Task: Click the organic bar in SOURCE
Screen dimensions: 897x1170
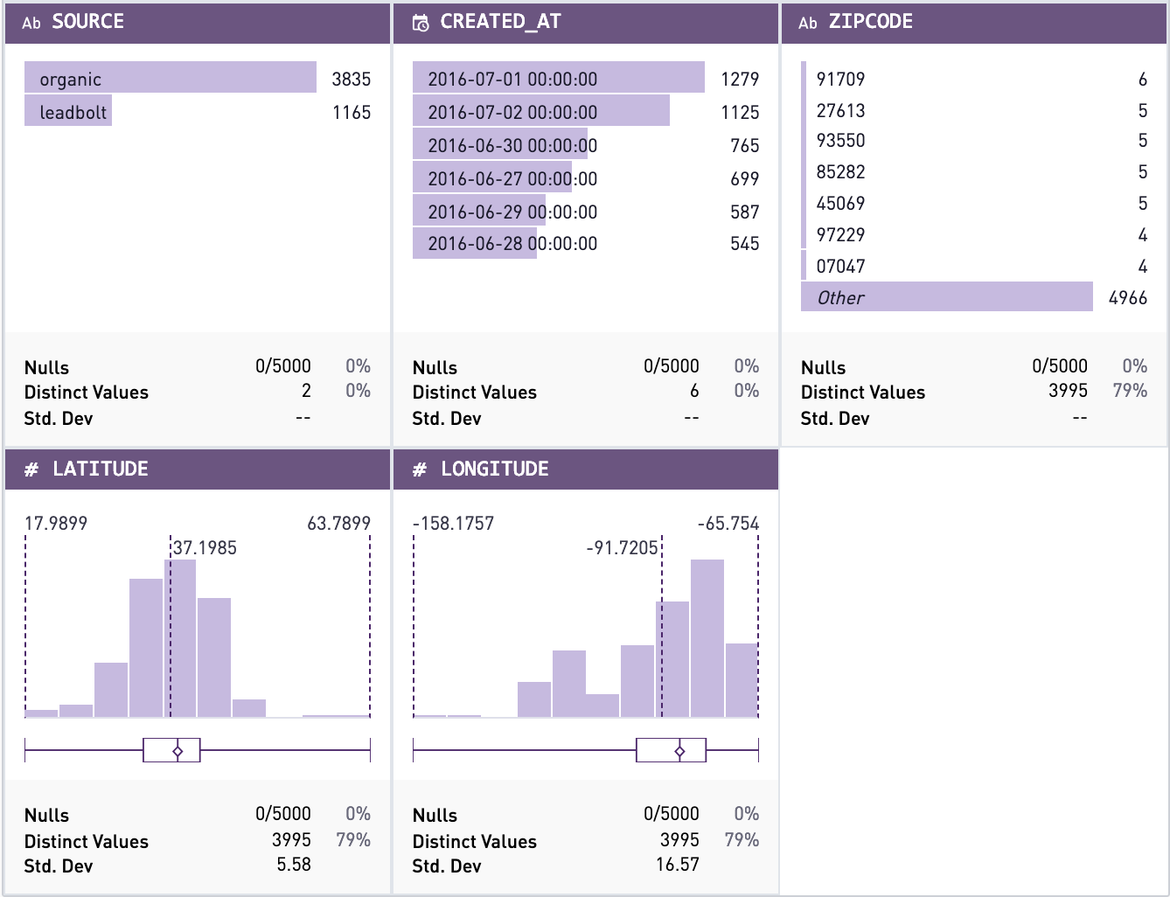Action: point(171,78)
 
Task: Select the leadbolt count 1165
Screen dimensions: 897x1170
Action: point(351,112)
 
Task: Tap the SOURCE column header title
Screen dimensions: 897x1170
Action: point(87,22)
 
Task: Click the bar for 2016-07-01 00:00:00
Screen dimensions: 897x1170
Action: point(558,78)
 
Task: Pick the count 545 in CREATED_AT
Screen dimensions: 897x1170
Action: point(744,243)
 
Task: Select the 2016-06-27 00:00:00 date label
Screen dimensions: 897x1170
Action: point(512,178)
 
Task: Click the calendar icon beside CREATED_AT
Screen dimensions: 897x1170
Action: point(421,23)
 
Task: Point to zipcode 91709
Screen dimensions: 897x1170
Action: point(840,79)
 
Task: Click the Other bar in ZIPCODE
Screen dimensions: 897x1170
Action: point(947,297)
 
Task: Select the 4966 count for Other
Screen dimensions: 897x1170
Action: point(1127,297)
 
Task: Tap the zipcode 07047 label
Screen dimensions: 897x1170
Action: point(840,266)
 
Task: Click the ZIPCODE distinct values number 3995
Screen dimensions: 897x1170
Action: point(1068,391)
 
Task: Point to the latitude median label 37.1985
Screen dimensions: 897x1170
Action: point(205,548)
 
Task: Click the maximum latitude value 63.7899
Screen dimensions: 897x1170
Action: point(338,523)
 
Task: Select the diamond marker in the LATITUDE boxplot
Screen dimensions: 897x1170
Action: point(178,751)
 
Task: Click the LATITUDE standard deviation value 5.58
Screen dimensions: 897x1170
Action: point(294,865)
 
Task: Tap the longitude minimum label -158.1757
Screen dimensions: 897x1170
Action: point(453,523)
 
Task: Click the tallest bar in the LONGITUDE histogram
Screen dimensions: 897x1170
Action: point(707,638)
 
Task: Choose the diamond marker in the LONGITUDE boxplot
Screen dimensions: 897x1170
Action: point(679,751)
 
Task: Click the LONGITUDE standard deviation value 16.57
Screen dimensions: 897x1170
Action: point(677,865)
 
